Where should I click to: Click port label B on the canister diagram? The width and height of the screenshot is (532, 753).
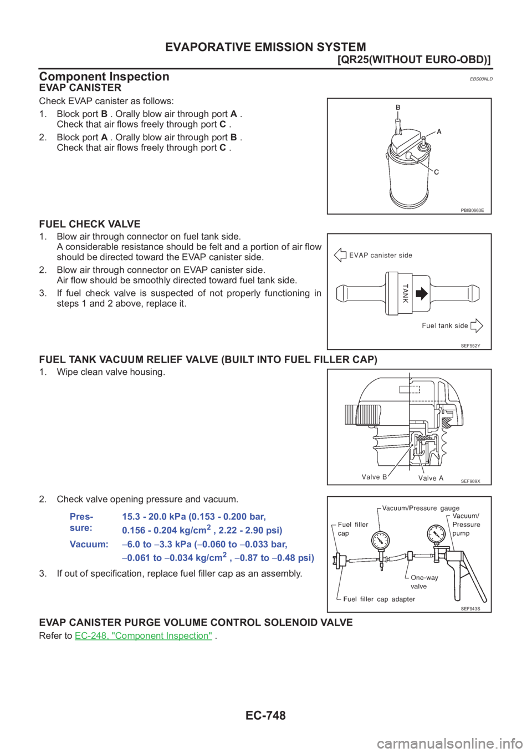click(x=397, y=108)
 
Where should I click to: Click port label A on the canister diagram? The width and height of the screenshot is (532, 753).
click(x=439, y=132)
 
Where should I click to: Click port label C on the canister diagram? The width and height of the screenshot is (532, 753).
click(x=436, y=172)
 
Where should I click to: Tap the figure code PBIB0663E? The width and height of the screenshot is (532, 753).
click(x=472, y=210)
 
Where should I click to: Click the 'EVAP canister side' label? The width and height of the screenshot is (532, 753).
click(x=381, y=255)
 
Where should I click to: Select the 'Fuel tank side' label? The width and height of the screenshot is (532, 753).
click(x=444, y=325)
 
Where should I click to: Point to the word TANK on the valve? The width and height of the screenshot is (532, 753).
click(x=405, y=293)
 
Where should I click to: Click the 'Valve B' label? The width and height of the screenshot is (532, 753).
click(x=374, y=477)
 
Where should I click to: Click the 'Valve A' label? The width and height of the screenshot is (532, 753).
click(x=431, y=477)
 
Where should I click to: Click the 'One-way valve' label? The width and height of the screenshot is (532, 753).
click(x=424, y=582)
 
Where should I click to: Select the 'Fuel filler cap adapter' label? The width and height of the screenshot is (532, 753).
click(x=379, y=599)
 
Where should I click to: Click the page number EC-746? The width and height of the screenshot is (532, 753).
click(x=265, y=715)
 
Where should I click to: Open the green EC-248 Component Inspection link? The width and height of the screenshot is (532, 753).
click(x=144, y=635)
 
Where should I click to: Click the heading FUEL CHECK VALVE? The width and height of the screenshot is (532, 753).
click(x=90, y=224)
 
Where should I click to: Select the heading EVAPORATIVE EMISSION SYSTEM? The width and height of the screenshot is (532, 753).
click(x=265, y=47)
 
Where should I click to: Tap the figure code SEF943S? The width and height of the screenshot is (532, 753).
click(x=470, y=608)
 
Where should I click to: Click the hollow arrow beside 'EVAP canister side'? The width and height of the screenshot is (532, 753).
click(x=340, y=255)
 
